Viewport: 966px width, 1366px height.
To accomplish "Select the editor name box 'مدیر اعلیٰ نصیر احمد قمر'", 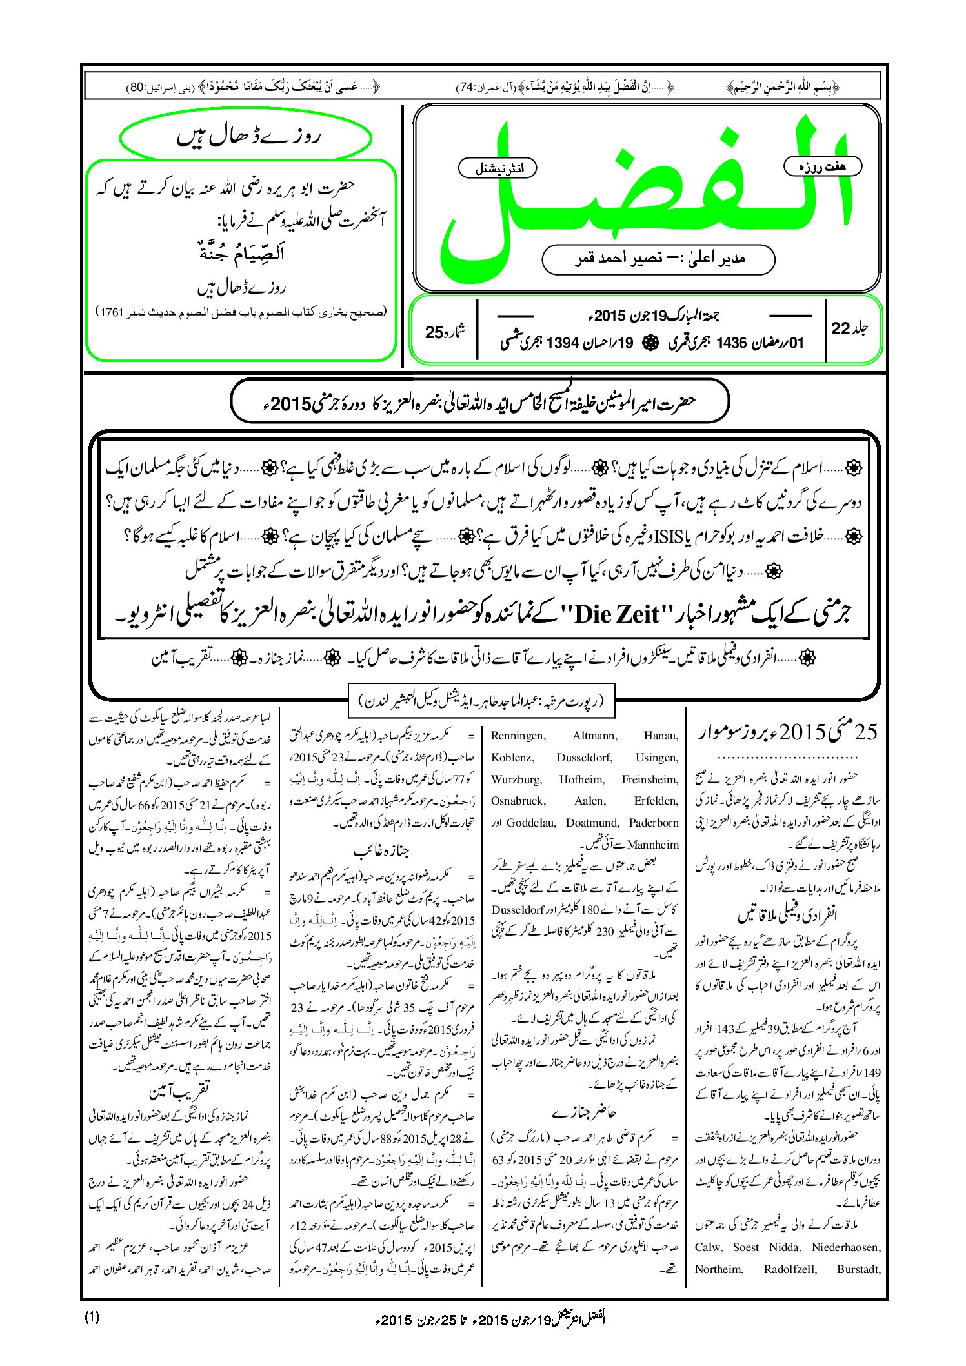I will pyautogui.click(x=658, y=259).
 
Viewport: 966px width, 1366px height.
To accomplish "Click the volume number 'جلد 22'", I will pyautogui.click(x=849, y=328).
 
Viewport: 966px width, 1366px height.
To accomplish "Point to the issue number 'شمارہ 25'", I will pyautogui.click(x=445, y=332).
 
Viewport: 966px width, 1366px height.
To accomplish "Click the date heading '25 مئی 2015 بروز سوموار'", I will pyautogui.click(x=788, y=732).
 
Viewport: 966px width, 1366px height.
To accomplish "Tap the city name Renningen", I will pyautogui.click(x=518, y=736).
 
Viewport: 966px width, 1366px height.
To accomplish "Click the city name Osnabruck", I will pyautogui.click(x=518, y=801).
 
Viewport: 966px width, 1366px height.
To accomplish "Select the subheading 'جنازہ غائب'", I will pyautogui.click(x=382, y=851).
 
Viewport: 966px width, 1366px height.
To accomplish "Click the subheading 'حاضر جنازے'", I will pyautogui.click(x=584, y=1112).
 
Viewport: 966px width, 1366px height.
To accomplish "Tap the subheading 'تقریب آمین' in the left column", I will pyautogui.click(x=179, y=1091).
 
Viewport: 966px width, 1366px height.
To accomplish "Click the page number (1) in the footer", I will pyautogui.click(x=92, y=1317).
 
